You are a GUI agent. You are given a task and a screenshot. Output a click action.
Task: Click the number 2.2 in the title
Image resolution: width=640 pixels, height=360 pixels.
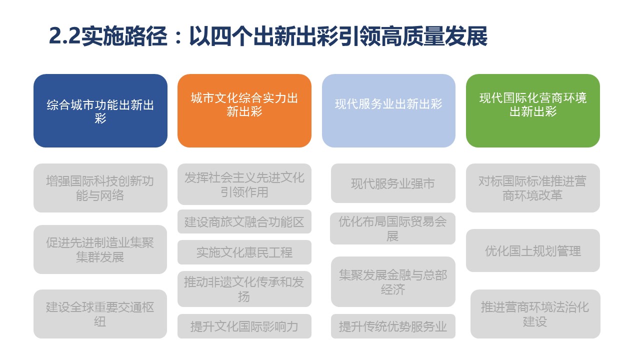tap(64, 36)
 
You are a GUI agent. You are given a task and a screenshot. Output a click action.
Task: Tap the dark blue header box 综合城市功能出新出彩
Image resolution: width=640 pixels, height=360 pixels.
tap(100, 111)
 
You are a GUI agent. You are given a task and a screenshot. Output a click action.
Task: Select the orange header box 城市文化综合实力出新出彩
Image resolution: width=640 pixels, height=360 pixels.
tap(244, 111)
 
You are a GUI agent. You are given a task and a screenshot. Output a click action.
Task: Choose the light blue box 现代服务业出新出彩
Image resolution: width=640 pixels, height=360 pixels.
tap(388, 111)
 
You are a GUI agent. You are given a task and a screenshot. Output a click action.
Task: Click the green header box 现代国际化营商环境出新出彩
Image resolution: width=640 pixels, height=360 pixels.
tap(533, 111)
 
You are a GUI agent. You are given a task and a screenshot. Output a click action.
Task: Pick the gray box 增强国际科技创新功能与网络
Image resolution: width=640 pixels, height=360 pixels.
tap(100, 188)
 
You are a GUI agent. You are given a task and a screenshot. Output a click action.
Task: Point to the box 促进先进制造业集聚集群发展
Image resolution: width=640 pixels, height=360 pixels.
tap(100, 249)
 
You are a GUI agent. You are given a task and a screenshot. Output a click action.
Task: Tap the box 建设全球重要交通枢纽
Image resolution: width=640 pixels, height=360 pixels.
tap(100, 314)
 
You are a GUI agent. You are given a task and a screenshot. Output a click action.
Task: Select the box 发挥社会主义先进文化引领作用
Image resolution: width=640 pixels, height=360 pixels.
tap(244, 184)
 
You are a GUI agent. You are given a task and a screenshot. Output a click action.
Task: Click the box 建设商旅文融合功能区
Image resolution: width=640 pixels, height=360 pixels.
tap(244, 221)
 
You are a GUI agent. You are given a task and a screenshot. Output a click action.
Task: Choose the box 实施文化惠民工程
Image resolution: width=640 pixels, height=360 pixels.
tap(244, 252)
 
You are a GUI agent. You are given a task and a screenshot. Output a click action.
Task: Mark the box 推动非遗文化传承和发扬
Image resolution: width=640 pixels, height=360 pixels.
tap(244, 289)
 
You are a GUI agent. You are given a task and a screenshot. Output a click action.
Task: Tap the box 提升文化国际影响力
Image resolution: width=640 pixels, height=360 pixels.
tap(244, 326)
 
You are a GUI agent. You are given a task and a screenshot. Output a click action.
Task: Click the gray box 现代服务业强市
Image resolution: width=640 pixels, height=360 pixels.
tap(393, 183)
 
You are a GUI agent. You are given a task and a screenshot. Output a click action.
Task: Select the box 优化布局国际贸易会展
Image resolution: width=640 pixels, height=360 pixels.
tap(392, 228)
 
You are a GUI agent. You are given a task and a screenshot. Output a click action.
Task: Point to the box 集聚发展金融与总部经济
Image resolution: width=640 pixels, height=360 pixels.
tap(393, 282)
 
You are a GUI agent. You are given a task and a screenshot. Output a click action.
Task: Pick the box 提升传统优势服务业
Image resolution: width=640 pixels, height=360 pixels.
tap(393, 326)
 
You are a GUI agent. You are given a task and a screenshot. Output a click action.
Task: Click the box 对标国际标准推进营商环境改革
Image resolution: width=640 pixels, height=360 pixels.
tap(533, 188)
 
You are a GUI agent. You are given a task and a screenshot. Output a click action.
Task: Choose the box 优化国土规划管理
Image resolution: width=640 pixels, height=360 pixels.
tap(533, 250)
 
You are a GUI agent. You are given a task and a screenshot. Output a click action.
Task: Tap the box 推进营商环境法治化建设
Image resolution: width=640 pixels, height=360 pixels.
tap(535, 314)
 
